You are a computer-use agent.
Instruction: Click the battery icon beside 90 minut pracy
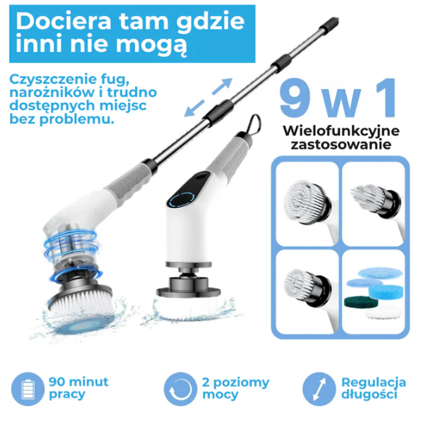[x=28, y=389]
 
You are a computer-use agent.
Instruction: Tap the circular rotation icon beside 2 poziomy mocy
[x=180, y=389]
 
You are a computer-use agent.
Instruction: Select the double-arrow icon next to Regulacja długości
[x=319, y=389]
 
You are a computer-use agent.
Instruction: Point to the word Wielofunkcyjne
[x=341, y=131]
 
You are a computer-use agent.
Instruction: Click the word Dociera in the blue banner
[x=63, y=21]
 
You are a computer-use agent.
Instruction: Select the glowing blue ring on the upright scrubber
[x=182, y=200]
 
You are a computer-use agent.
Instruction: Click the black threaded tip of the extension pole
[x=333, y=22]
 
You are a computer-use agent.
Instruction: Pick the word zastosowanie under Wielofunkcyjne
[x=341, y=144]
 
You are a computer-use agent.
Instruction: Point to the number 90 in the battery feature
[x=57, y=382]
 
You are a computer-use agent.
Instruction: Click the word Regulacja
[x=373, y=382]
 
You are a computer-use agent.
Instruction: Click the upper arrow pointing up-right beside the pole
[x=222, y=86]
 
